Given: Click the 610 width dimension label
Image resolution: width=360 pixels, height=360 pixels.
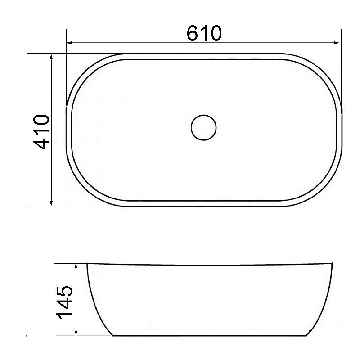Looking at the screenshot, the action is pyautogui.click(x=204, y=33).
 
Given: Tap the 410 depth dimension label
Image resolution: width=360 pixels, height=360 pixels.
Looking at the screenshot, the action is pyautogui.click(x=41, y=132).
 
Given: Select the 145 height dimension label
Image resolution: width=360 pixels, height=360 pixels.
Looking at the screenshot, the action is pyautogui.click(x=64, y=302).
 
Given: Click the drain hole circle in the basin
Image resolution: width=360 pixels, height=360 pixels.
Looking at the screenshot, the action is pyautogui.click(x=204, y=127).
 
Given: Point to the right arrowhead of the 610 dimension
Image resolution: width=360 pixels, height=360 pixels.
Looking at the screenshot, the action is pyautogui.click(x=337, y=43).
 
